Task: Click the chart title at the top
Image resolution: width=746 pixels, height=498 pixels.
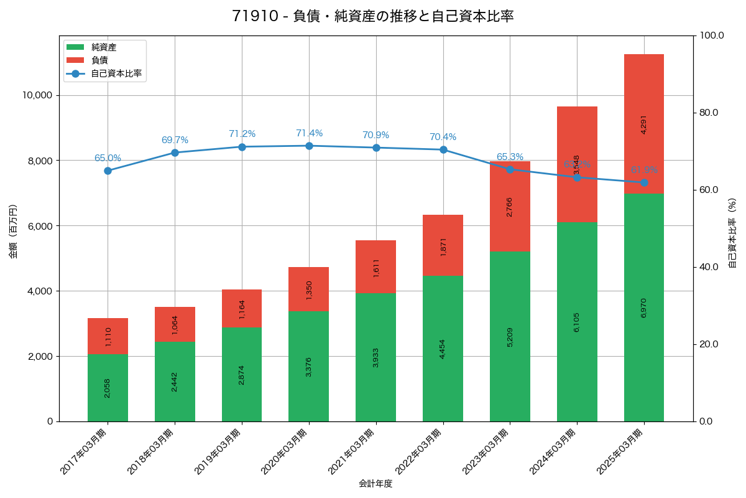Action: coord(373,16)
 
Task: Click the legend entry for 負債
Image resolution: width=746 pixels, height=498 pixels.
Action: coord(99,60)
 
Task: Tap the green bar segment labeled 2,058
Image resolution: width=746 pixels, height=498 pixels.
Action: coord(108,388)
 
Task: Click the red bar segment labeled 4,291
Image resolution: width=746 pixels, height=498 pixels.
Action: coord(644,124)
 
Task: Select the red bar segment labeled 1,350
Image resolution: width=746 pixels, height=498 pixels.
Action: coord(309,289)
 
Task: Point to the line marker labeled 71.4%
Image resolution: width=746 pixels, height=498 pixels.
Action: coord(309,146)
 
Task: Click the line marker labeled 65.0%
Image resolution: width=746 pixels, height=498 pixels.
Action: coord(108,171)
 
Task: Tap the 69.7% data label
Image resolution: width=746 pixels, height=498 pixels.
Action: coord(175,140)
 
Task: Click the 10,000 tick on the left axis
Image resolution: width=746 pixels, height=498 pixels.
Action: coord(37,95)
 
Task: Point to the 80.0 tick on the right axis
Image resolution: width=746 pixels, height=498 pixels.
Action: coord(709,113)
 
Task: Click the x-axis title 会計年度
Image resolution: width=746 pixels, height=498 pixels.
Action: coord(375,484)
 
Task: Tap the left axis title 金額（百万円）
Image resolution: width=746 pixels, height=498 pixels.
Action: coord(13,232)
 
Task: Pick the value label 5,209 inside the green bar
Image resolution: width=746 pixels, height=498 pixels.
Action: coord(510,337)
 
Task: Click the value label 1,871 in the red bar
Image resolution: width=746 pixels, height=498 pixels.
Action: coord(443,247)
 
